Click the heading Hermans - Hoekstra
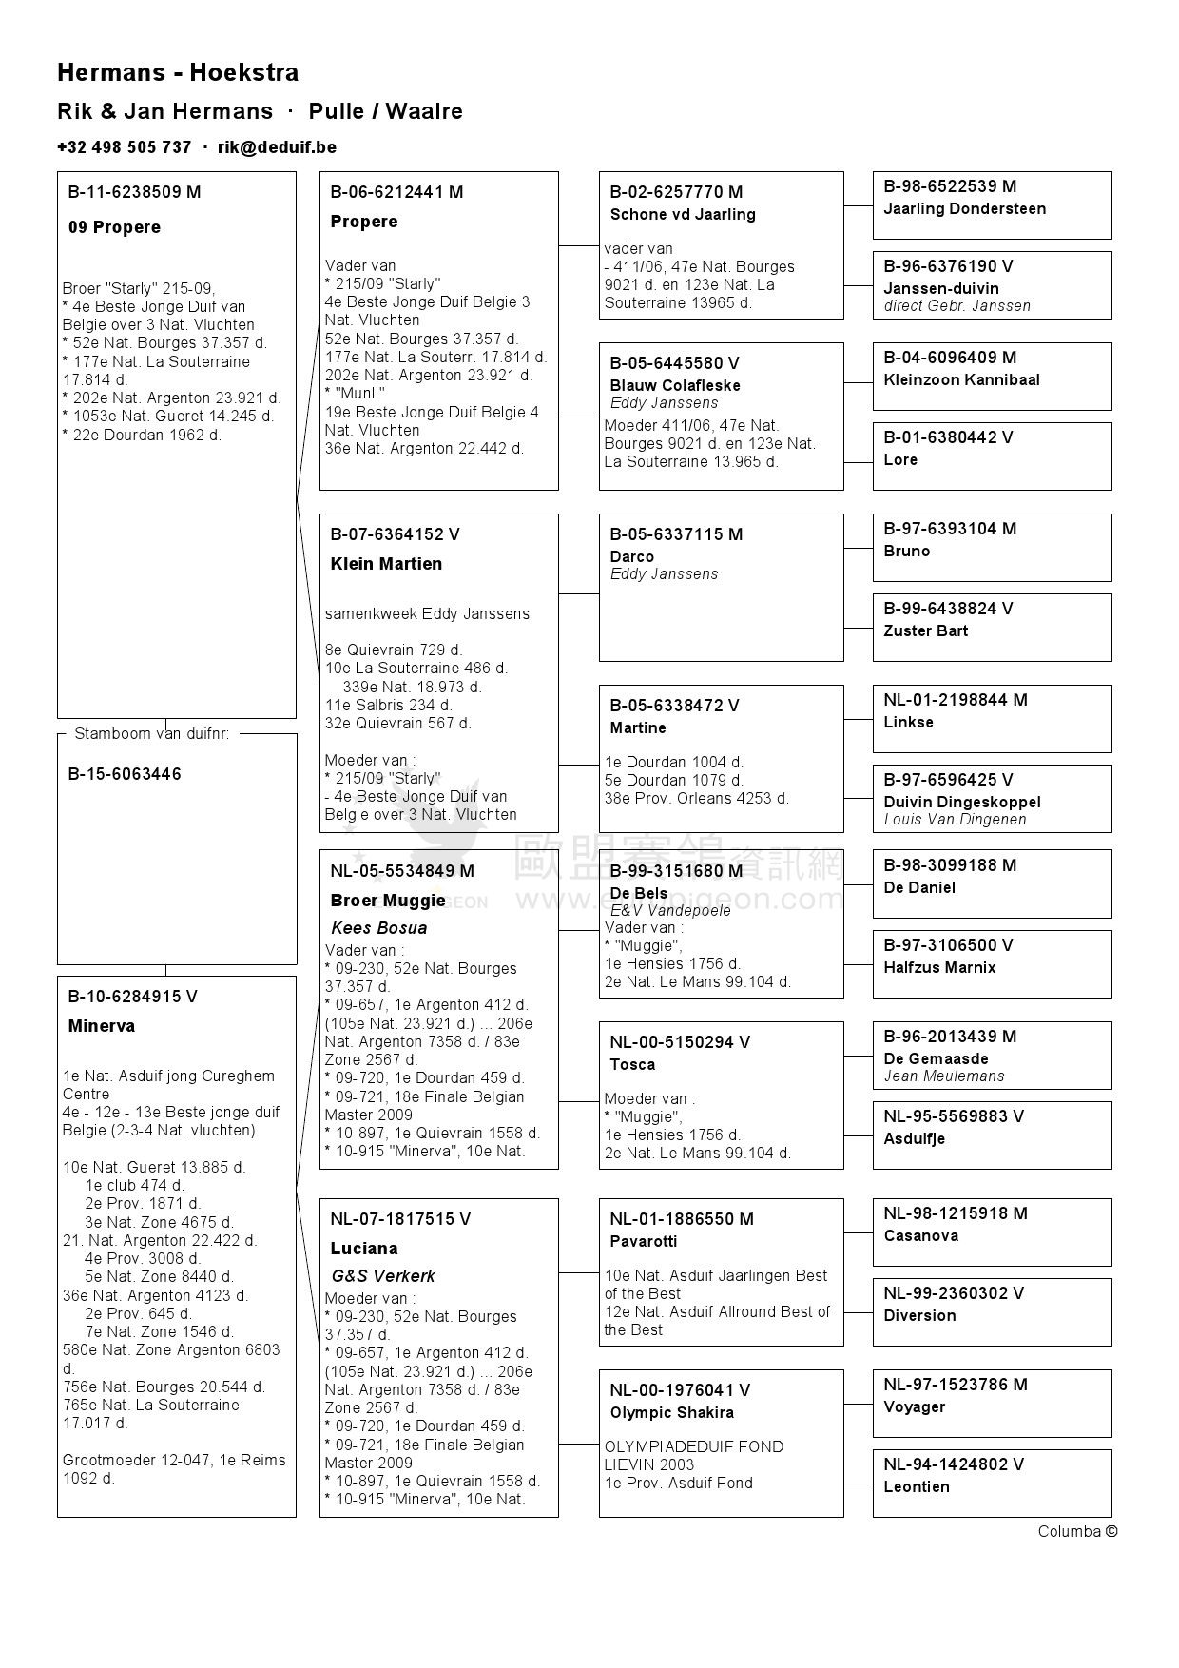pyautogui.click(x=178, y=72)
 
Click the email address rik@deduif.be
pyautogui.click(x=277, y=147)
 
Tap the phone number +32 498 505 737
pyautogui.click(x=124, y=147)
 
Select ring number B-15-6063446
pyautogui.click(x=125, y=774)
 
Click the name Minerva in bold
pyautogui.click(x=102, y=1026)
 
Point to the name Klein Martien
pyautogui.click(x=386, y=564)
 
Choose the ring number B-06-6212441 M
pyautogui.click(x=396, y=192)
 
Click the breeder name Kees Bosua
pyautogui.click(x=378, y=928)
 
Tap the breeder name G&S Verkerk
pyautogui.click(x=383, y=1276)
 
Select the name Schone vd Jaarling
pyautogui.click(x=683, y=214)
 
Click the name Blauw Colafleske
pyautogui.click(x=675, y=385)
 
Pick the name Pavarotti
pyautogui.click(x=644, y=1241)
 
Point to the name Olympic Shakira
pyautogui.click(x=672, y=1412)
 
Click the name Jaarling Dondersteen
pyautogui.click(x=965, y=208)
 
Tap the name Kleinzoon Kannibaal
pyautogui.click(x=961, y=379)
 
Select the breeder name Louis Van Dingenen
pyautogui.click(x=955, y=819)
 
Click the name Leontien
pyautogui.click(x=917, y=1486)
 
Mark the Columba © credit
pyautogui.click(x=1077, y=1531)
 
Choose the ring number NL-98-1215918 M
pyautogui.click(x=956, y=1213)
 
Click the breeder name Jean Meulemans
pyautogui.click(x=944, y=1076)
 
